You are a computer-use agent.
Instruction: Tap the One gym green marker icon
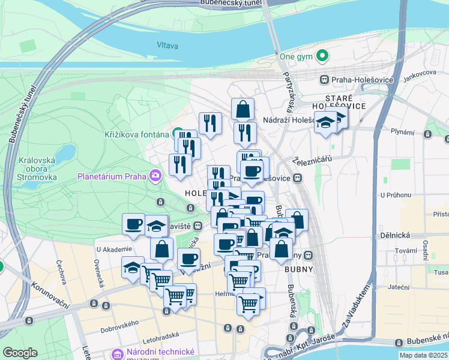point(322,57)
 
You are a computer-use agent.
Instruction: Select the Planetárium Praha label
point(113,176)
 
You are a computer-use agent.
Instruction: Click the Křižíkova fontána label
point(136,134)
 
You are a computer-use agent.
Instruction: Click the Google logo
point(20,352)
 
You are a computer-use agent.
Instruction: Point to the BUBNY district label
point(300,269)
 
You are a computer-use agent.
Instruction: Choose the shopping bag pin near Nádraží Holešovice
point(243,109)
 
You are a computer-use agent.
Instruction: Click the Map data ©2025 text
point(424,355)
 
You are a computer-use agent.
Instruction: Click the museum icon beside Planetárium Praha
point(156,176)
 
